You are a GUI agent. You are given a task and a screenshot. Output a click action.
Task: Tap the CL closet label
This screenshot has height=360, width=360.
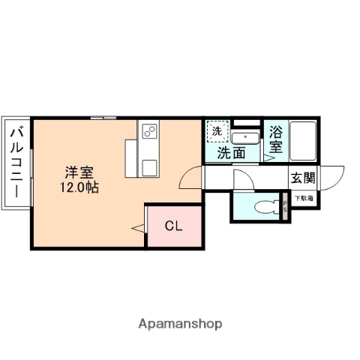174,224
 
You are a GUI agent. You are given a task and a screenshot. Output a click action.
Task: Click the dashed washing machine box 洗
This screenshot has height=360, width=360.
217,132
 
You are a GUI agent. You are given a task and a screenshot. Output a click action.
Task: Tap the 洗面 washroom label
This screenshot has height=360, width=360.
231,153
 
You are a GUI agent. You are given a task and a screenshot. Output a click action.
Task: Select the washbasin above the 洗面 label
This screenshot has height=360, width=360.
243,137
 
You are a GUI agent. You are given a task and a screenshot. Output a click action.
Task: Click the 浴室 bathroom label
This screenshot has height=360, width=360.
276,139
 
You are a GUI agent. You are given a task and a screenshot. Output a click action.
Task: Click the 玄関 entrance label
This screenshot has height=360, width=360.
303,178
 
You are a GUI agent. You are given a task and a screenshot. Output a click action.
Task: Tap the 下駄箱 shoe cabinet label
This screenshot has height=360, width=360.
304,198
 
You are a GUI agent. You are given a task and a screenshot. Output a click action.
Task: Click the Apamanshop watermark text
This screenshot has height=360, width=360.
180,324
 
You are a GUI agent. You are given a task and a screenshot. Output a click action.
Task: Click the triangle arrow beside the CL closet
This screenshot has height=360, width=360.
138,226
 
